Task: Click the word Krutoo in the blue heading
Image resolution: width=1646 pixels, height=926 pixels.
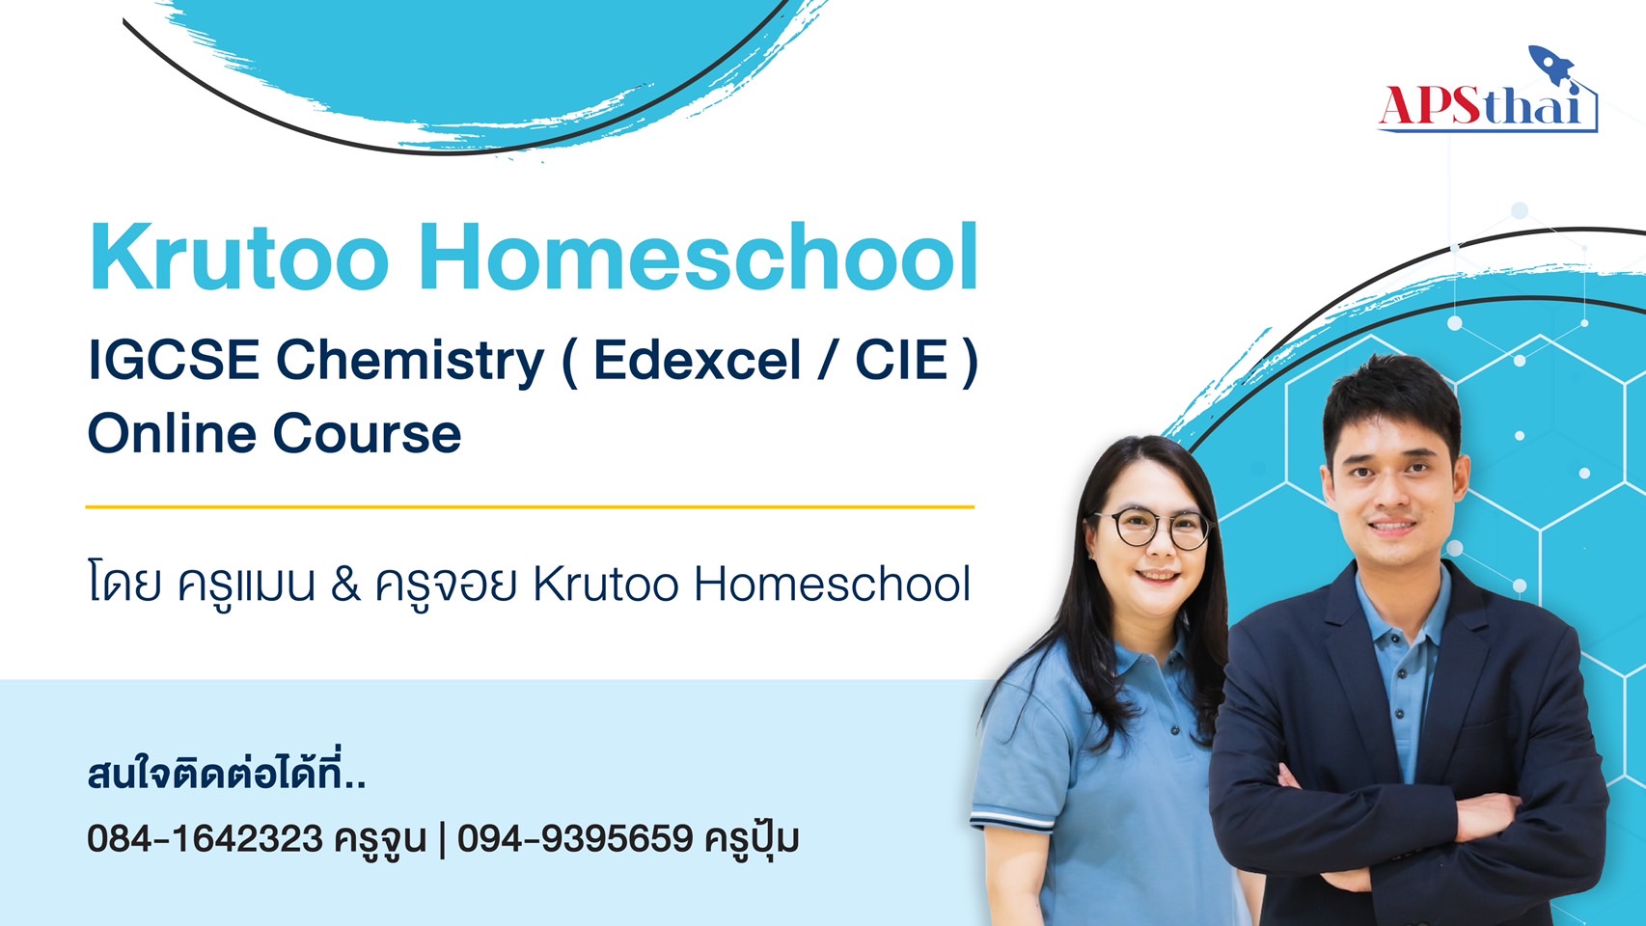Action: click(239, 258)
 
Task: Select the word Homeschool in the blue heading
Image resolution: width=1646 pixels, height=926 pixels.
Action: click(699, 258)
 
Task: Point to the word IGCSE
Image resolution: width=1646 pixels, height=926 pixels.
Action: click(174, 360)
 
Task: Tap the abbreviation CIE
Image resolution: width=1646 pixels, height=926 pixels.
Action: click(901, 360)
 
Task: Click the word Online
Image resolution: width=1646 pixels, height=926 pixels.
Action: click(171, 433)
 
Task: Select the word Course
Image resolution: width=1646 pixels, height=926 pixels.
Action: click(368, 434)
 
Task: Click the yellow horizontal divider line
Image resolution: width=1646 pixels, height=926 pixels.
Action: click(530, 507)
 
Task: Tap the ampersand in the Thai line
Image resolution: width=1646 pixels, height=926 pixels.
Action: click(345, 585)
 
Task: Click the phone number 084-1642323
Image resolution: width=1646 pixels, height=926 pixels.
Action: click(205, 838)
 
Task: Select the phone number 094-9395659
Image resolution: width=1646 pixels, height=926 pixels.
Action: click(575, 838)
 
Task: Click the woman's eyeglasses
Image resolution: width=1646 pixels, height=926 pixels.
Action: click(1153, 529)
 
